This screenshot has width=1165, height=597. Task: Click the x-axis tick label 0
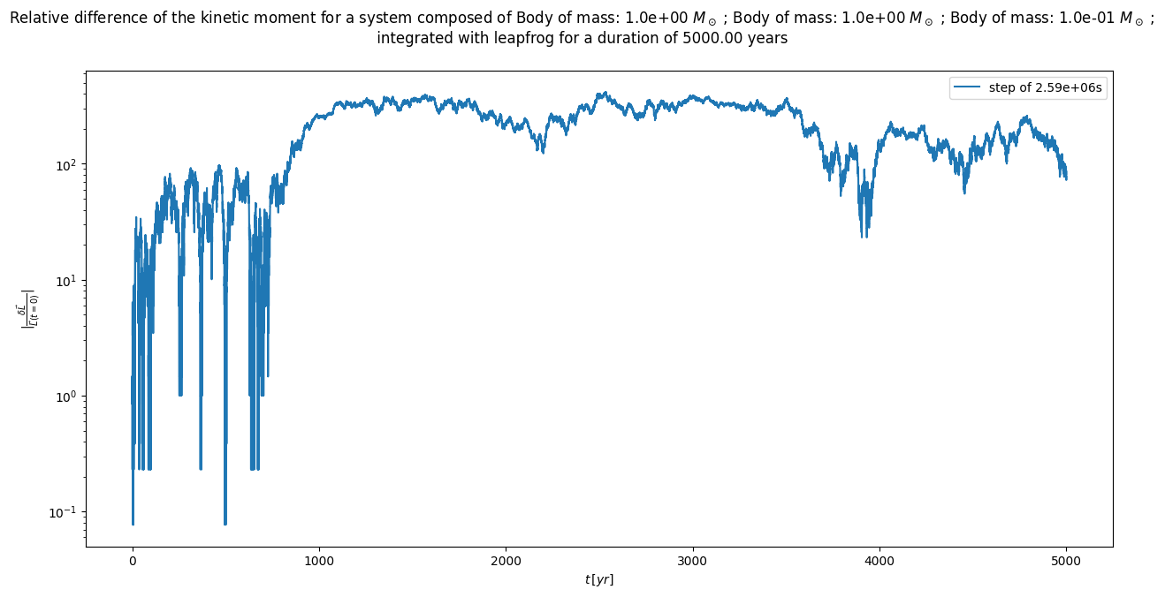133,562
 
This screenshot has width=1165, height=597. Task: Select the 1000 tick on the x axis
319,562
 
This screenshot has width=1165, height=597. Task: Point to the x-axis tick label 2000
506,562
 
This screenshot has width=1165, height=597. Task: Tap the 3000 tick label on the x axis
693,562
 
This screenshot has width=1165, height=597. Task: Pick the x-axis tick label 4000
879,562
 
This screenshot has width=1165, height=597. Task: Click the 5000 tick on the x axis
1066,562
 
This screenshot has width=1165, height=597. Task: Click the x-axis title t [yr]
599,580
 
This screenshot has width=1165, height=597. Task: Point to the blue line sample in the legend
963,88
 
